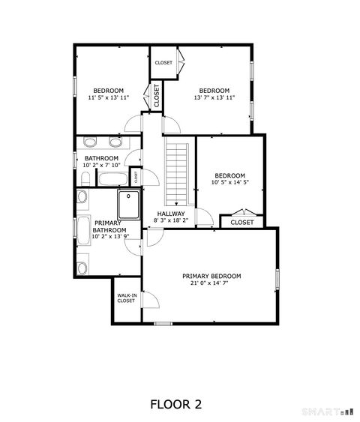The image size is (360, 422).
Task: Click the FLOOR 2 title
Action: pyautogui.click(x=176, y=404)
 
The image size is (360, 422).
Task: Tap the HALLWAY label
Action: pyautogui.click(x=170, y=214)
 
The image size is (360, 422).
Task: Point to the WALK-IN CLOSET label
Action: pyautogui.click(x=126, y=298)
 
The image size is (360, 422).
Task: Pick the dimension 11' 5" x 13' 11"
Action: pyautogui.click(x=109, y=97)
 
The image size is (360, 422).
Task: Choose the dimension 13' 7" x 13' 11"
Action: pyautogui.click(x=214, y=97)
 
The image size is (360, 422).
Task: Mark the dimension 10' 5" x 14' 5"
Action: pyautogui.click(x=229, y=182)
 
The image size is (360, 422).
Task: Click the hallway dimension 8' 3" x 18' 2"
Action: pyautogui.click(x=170, y=220)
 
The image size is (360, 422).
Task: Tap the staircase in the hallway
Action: pyautogui.click(x=175, y=173)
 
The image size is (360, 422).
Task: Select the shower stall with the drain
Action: pyautogui.click(x=129, y=204)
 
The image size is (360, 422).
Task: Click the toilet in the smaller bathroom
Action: pyautogui.click(x=85, y=178)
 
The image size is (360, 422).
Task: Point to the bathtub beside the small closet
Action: pyautogui.click(x=113, y=178)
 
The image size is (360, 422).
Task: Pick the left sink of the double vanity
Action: pyautogui.click(x=90, y=142)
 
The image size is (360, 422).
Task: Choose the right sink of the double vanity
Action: pyautogui.click(x=115, y=142)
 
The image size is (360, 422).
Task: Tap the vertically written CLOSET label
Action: pyautogui.click(x=157, y=97)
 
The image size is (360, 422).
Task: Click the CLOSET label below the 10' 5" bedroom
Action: pyautogui.click(x=242, y=222)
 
